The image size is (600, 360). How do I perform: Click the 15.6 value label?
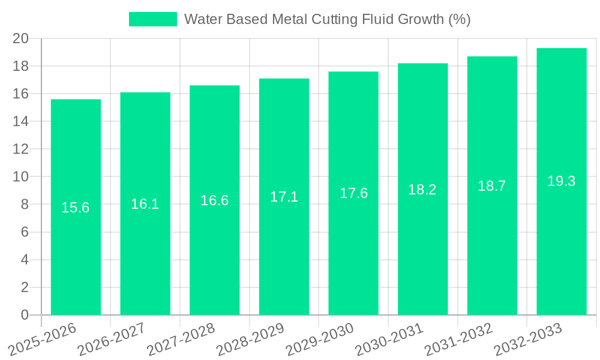(76, 208)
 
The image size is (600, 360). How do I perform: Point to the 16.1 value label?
(145, 204)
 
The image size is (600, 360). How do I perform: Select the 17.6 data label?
(353, 193)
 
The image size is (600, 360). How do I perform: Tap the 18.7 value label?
(492, 186)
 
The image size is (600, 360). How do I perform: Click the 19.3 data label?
(562, 181)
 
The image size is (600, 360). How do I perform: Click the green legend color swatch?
(153, 19)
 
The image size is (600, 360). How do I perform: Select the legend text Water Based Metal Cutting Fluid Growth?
(327, 19)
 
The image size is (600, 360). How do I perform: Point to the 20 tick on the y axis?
(21, 38)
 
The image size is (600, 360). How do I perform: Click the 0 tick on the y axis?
(25, 315)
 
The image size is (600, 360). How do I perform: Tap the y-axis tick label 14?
(21, 121)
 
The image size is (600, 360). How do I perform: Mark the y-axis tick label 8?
(25, 205)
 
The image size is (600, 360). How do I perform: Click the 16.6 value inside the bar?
(215, 200)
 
